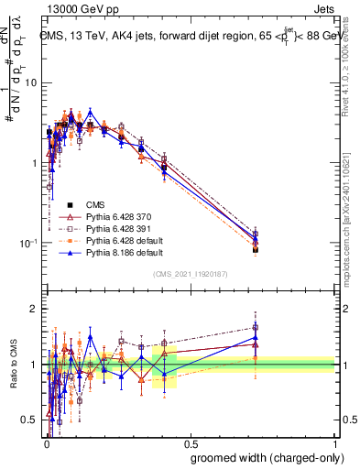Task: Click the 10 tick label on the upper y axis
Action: pyautogui.click(x=31, y=82)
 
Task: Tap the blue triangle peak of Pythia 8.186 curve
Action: pyautogui.click(x=90, y=112)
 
